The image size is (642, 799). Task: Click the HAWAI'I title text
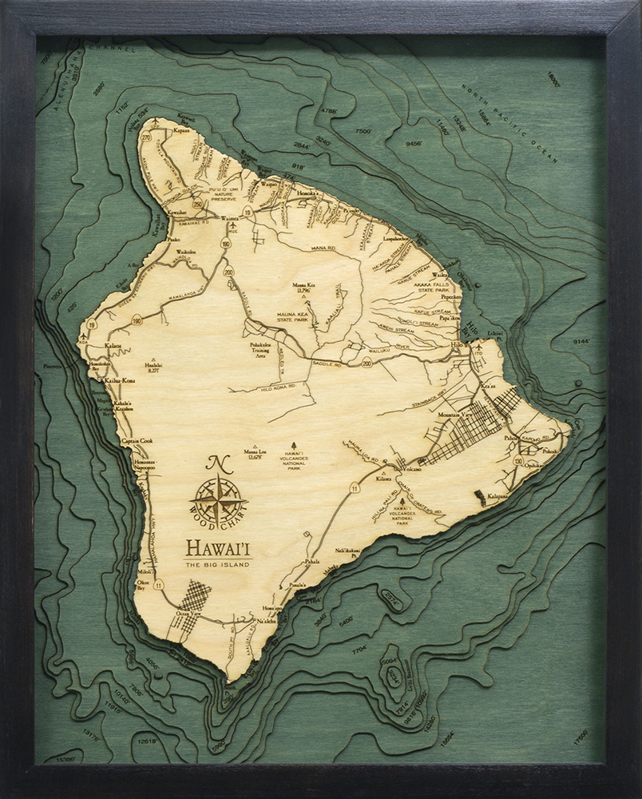pyautogui.click(x=217, y=549)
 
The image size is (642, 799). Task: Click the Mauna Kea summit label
pyautogui.click(x=301, y=287)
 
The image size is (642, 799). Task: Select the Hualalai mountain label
pyautogui.click(x=153, y=367)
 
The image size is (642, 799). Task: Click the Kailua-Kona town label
pyautogui.click(x=119, y=381)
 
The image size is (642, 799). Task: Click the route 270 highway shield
pyautogui.click(x=145, y=137)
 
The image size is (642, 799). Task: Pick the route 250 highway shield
pyautogui.click(x=197, y=204)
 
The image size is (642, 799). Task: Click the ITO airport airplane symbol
pyautogui.click(x=478, y=346)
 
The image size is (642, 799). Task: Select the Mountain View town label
pyautogui.click(x=454, y=417)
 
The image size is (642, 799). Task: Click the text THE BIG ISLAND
pyautogui.click(x=217, y=565)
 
